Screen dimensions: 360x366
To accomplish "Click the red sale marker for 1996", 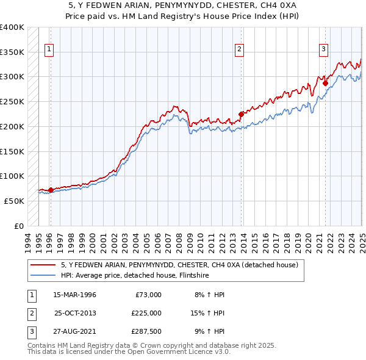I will (51, 190).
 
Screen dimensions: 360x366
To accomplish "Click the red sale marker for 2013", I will (241, 113).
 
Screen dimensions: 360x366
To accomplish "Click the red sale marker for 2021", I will (326, 83).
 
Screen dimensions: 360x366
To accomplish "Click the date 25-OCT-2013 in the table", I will (74, 313).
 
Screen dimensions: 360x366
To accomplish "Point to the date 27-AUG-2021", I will (74, 331).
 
